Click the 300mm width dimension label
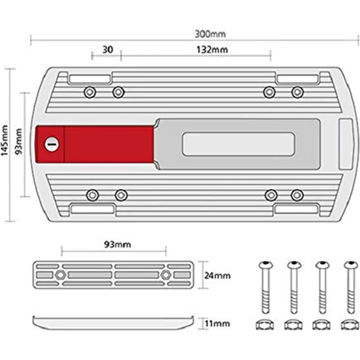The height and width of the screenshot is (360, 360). (x=210, y=34)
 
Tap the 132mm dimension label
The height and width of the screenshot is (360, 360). (x=212, y=49)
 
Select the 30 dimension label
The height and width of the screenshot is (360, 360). (x=108, y=49)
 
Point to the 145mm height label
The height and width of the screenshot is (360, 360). (x=4, y=140)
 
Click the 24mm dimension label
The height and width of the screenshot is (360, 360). (x=218, y=275)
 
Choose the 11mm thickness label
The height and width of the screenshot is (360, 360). (x=217, y=323)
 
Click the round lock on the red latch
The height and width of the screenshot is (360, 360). (x=51, y=144)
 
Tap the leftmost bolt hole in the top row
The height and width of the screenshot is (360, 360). (x=90, y=92)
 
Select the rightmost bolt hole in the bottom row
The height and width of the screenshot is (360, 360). (x=297, y=195)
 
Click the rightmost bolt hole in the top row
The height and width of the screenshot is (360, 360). (x=297, y=92)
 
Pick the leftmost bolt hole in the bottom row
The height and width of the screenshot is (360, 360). (x=92, y=195)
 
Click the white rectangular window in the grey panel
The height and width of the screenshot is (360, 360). (x=239, y=144)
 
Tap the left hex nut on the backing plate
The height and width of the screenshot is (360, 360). (x=61, y=275)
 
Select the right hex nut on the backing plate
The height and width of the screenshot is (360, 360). (x=165, y=275)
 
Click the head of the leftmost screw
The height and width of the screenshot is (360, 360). (x=266, y=265)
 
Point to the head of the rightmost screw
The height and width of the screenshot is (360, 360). (x=351, y=265)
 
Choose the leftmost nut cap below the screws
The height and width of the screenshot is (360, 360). (x=265, y=325)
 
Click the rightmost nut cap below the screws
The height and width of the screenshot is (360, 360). (x=350, y=325)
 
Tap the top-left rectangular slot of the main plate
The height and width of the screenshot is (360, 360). (x=90, y=79)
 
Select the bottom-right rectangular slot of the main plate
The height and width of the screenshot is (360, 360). (x=296, y=209)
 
